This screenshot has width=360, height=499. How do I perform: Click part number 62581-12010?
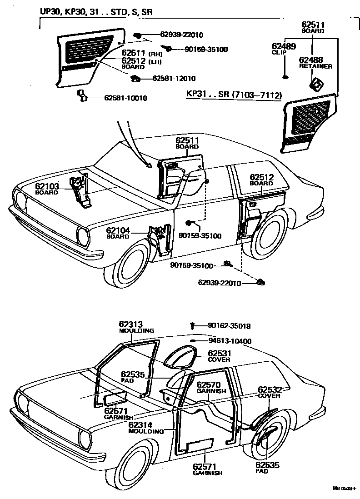pyautogui.click(x=174, y=79)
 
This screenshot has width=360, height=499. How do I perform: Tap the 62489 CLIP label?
pyautogui.click(x=284, y=49)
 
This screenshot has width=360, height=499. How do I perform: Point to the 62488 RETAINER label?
pyautogui.click(x=315, y=62)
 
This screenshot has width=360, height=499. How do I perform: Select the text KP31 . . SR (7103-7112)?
pyautogui.click(x=234, y=95)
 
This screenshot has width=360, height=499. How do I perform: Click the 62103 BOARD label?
pyautogui.click(x=47, y=189)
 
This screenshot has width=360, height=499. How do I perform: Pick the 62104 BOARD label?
pyautogui.click(x=118, y=233)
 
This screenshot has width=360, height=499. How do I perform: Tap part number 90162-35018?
pyautogui.click(x=229, y=326)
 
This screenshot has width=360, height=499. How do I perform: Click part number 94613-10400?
pyautogui.click(x=230, y=341)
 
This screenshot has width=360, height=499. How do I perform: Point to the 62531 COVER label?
pyautogui.click(x=220, y=355)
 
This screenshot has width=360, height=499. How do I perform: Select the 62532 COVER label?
pyautogui.click(x=270, y=392)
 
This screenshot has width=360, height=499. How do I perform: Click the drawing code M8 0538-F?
pyautogui.click(x=344, y=489)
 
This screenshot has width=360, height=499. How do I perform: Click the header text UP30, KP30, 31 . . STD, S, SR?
pyautogui.click(x=95, y=12)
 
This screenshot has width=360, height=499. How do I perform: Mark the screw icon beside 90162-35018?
pyautogui.click(x=193, y=325)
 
